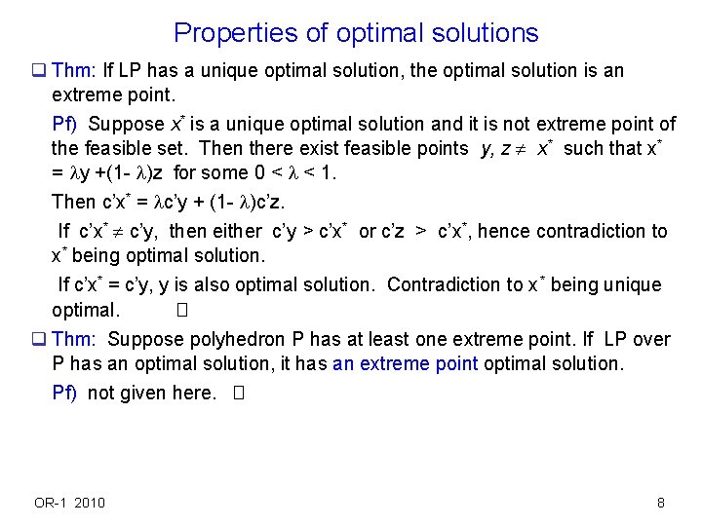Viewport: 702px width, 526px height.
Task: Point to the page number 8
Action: [661, 503]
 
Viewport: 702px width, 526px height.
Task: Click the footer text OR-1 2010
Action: [70, 503]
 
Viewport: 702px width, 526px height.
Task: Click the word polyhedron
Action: [235, 339]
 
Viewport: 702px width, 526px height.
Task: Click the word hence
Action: [505, 232]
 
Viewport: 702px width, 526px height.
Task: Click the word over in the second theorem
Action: [652, 339]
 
